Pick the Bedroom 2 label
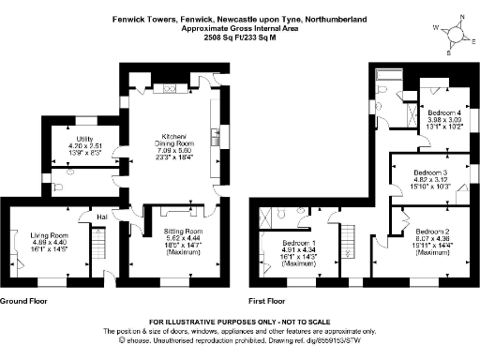(x=433, y=231)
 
